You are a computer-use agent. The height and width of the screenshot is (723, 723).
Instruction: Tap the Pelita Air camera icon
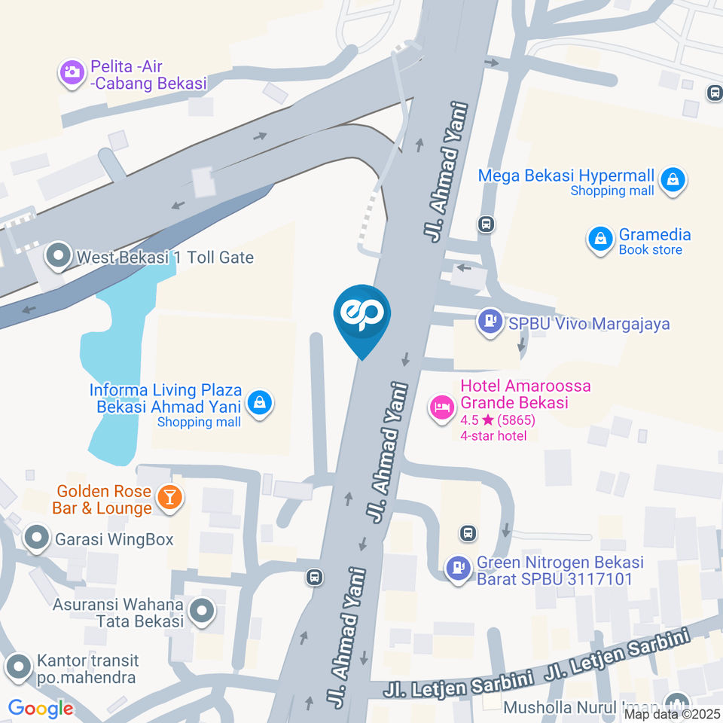pos(72,73)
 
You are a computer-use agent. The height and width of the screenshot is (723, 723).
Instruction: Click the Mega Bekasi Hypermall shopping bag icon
pos(672,180)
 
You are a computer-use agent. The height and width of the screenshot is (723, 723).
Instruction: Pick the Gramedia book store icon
pos(599,239)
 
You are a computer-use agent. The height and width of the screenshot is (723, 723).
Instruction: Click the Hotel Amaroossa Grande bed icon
pos(441,407)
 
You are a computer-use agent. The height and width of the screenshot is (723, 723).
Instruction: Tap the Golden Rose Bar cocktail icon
pos(169,497)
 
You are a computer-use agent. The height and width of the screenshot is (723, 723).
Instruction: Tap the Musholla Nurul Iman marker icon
pos(677,703)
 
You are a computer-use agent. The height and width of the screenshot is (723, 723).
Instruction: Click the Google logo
pos(41,708)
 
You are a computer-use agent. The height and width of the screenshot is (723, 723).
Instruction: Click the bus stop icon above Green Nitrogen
pos(468,533)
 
